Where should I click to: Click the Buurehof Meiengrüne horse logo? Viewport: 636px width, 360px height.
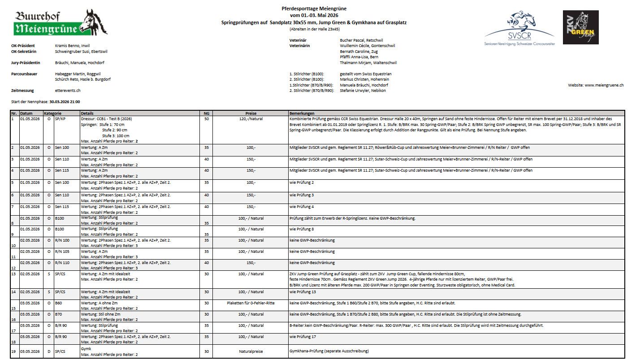pos(60,23)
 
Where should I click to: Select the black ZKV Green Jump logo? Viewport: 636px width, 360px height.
pos(580,27)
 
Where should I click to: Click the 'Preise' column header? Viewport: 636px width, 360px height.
pos(251,113)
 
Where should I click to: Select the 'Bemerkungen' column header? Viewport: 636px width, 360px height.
pos(302,113)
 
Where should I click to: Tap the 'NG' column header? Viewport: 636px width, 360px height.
pos(206,113)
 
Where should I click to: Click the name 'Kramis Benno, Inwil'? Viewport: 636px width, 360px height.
pos(72,46)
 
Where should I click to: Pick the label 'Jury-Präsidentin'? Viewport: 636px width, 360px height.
pos(26,63)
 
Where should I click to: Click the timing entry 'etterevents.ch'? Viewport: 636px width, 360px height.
pos(68,91)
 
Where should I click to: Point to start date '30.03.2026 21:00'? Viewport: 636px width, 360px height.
pos(65,102)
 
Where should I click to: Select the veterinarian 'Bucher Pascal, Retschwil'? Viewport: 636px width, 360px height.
pos(361,40)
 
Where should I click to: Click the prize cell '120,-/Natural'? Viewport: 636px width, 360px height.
pos(251,119)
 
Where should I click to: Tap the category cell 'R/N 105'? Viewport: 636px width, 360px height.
pos(62,252)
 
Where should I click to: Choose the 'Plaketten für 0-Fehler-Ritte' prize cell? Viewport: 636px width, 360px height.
pos(251,303)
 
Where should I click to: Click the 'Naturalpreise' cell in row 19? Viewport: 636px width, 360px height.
pos(251,351)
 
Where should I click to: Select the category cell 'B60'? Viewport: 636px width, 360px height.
pos(59,303)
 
